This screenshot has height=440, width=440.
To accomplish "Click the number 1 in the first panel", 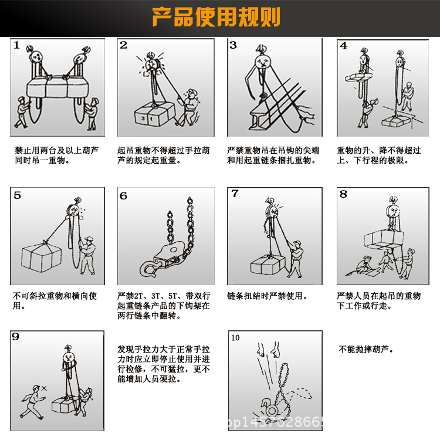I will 17,45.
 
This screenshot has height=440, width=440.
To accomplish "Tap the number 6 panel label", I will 123,195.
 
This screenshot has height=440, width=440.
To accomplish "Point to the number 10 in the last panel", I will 235,337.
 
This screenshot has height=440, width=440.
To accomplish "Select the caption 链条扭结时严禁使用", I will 267,296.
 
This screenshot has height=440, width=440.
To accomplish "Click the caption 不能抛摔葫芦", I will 367,350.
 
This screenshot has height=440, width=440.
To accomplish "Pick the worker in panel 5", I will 87,253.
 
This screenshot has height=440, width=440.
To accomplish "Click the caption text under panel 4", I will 378,155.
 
